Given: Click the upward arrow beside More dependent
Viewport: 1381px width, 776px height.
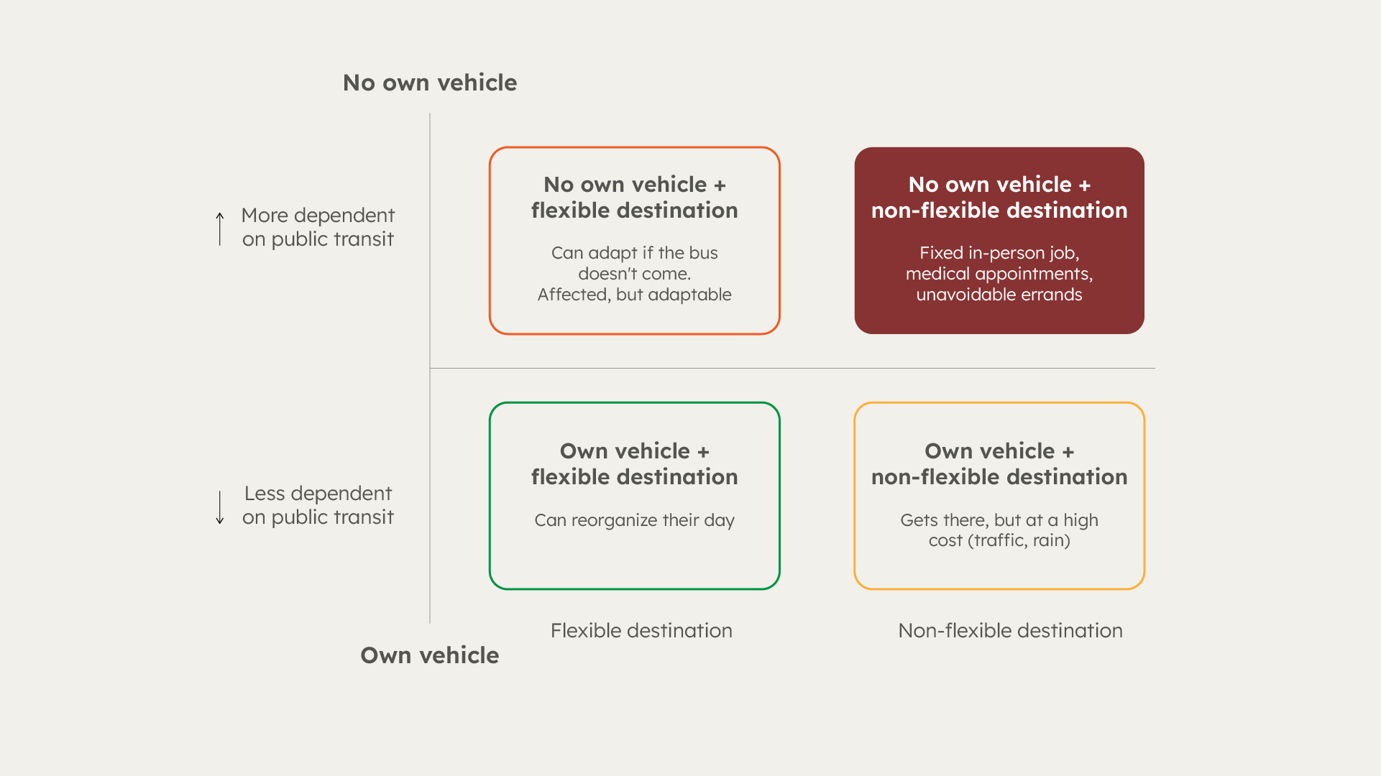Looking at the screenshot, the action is [220, 228].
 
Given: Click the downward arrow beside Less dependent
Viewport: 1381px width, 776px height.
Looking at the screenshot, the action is [220, 507].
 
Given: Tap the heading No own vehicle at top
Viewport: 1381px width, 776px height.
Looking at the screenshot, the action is [430, 83].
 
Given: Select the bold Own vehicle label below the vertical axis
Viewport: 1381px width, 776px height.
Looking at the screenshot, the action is [430, 655].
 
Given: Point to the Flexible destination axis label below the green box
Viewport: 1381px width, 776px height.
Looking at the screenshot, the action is [641, 630].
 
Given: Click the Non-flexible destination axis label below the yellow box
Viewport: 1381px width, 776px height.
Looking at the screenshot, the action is [1010, 630].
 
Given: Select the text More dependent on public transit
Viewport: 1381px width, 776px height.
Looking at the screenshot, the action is [318, 227].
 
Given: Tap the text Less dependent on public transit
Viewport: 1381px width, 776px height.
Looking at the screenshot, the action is [318, 505].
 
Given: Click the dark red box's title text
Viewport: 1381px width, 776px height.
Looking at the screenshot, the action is [999, 197].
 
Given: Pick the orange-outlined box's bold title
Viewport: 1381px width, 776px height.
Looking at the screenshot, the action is [635, 197].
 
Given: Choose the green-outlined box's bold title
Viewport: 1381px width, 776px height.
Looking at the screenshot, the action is [635, 463].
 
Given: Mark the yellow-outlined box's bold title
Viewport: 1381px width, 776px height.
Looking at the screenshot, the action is [999, 463].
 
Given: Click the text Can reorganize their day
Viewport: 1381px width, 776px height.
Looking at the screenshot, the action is [635, 520].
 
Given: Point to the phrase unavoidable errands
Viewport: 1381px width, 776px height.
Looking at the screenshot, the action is [999, 295].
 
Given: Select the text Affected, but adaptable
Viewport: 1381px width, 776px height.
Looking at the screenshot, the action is [635, 295].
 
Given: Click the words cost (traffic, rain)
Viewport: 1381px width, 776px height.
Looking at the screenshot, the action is [999, 540].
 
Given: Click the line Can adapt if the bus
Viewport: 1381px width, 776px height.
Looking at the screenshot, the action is [635, 253].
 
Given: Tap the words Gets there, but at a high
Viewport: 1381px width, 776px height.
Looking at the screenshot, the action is [999, 520].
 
